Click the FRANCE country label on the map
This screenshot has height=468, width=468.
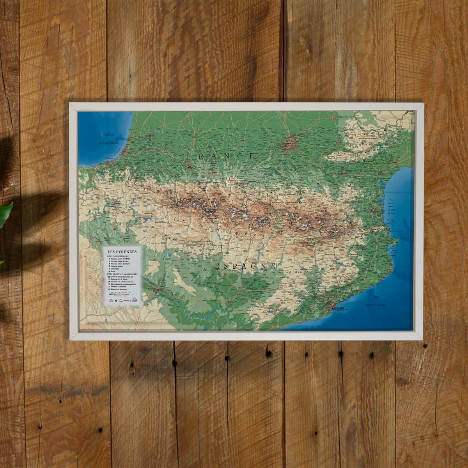(x=221, y=156)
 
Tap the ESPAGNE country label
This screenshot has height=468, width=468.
(x=245, y=266)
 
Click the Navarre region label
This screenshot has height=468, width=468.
(x=126, y=223)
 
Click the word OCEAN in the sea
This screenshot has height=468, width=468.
(x=109, y=135)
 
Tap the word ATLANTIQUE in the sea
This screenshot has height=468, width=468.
(x=108, y=143)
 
